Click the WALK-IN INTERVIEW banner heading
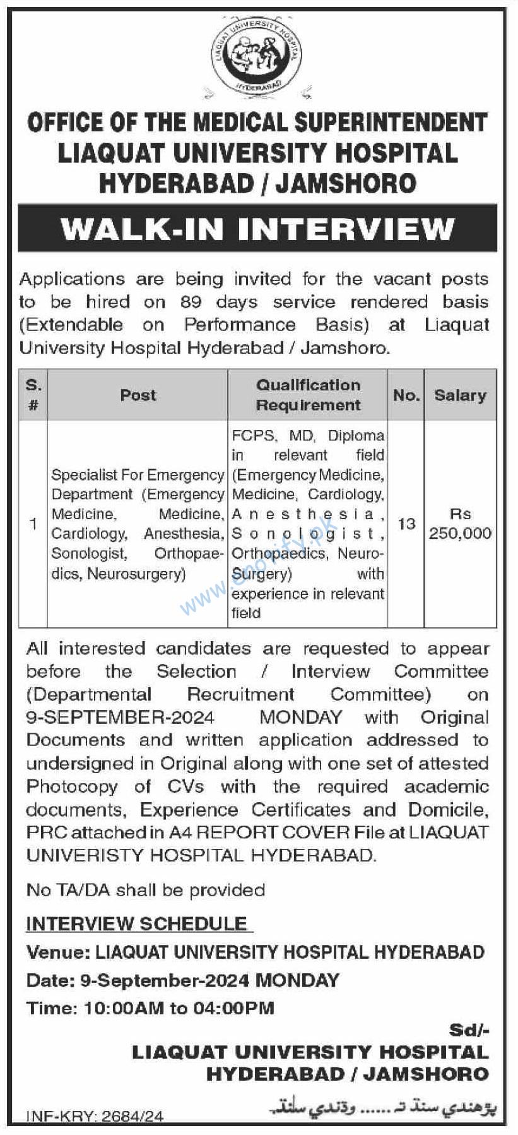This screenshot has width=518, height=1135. point(257,228)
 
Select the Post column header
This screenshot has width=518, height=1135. point(138,395)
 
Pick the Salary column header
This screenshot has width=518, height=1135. point(460,395)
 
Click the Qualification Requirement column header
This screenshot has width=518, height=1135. point(308,395)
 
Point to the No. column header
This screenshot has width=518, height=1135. point(406,395)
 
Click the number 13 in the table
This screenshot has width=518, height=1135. point(406,524)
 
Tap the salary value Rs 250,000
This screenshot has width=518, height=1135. point(460,524)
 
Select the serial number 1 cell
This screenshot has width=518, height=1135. point(33,524)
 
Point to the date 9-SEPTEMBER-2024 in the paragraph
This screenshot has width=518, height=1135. point(120,718)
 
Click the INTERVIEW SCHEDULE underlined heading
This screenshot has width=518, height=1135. point(137,923)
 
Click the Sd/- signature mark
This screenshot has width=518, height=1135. point(469,1030)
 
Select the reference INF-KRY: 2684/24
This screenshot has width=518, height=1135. point(95,1117)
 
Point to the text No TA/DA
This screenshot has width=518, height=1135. point(68,890)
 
